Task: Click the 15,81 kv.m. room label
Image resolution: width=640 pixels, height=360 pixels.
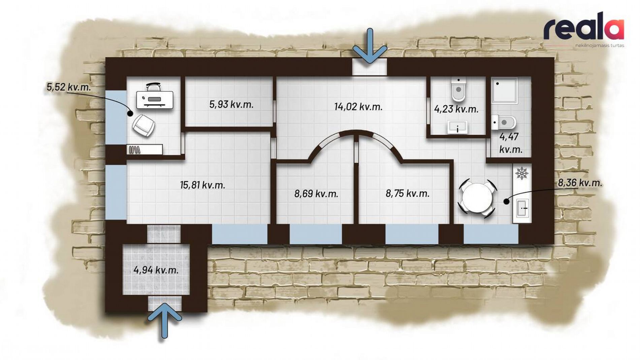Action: [202, 185]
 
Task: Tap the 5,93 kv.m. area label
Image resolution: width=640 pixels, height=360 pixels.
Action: [231, 104]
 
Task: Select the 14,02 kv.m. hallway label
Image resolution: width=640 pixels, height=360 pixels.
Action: [358, 107]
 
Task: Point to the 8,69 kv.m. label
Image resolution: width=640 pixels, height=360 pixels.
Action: [316, 194]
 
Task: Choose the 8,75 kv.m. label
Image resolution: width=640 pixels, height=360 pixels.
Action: [407, 193]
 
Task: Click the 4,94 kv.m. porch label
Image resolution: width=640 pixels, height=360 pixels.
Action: [156, 270]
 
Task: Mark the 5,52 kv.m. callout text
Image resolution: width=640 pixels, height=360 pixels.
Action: [69, 87]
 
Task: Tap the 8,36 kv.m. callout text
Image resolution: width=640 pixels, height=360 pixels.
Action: [580, 183]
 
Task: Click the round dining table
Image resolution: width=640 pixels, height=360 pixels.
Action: [477, 198]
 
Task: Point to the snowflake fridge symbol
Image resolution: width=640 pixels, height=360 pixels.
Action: [522, 173]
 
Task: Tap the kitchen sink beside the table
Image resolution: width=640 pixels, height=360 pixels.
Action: [522, 208]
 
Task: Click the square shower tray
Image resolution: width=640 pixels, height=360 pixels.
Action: [504, 90]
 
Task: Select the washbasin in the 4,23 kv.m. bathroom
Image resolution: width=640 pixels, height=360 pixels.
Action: [457, 128]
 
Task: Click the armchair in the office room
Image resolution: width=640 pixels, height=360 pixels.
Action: [143, 125]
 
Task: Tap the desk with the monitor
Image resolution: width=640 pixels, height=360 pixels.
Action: [155, 99]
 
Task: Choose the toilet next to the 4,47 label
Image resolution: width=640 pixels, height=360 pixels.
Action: [504, 123]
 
